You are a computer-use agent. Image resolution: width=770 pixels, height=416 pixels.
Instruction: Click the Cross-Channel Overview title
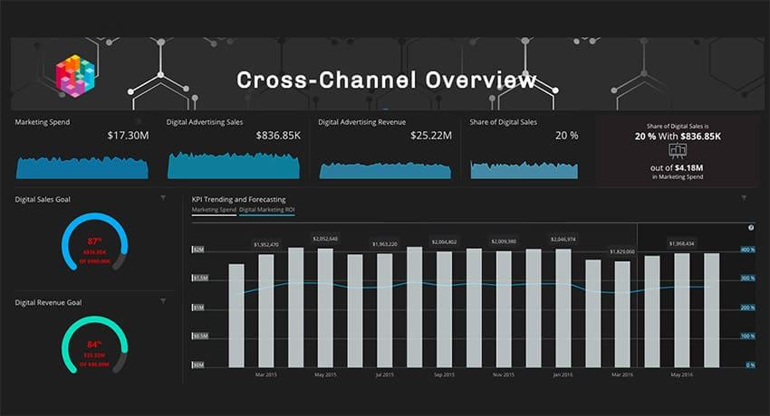pos(386,80)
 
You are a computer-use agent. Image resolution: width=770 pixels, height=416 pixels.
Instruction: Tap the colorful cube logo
pos(75,77)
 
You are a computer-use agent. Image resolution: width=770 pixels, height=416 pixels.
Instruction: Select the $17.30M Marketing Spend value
pos(127,136)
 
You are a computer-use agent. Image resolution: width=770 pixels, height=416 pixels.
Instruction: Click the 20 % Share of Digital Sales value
pos(566,136)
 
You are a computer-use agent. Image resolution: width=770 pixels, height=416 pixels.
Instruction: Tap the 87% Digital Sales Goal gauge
pos(94,243)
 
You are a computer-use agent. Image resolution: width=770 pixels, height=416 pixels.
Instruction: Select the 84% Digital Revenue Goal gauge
pos(94,345)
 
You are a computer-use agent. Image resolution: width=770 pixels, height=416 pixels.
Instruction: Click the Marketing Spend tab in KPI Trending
pos(214,210)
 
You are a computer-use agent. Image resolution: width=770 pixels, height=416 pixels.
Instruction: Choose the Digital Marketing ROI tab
pos(266,210)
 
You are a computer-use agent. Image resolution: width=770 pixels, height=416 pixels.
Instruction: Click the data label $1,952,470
pos(266,244)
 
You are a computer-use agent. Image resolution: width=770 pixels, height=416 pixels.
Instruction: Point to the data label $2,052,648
pos(325,239)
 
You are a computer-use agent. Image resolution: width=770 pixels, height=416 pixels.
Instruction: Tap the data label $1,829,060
pos(622,251)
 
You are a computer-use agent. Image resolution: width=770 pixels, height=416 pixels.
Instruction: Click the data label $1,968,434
pos(681,243)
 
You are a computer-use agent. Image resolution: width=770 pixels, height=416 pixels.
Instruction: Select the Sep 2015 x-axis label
pos(444,374)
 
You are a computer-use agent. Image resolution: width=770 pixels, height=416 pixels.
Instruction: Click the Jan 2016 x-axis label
pos(563,374)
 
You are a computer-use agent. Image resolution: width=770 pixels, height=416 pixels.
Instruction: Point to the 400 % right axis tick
pos(748,250)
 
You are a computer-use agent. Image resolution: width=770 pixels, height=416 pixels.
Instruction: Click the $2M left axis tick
pos(198,250)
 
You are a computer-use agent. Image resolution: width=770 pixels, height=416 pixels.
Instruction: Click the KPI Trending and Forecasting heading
pos(238,199)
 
